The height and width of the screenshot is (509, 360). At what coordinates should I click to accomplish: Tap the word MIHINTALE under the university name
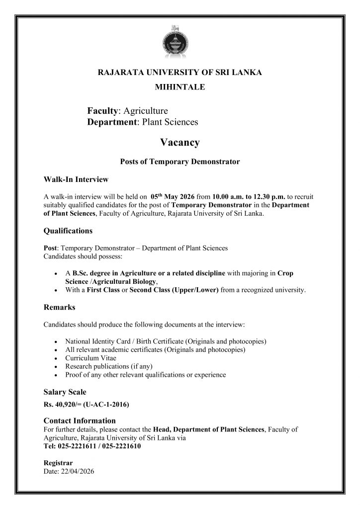[x=180, y=87]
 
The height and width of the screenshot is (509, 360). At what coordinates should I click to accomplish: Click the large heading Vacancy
[x=180, y=143]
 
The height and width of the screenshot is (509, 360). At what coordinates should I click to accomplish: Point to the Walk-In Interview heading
[x=76, y=179]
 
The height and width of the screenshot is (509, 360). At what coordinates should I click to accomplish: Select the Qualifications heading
[x=68, y=231]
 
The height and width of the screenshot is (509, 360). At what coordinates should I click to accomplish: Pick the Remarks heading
[x=60, y=307]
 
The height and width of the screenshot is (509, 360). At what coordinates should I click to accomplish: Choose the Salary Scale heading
[x=65, y=392]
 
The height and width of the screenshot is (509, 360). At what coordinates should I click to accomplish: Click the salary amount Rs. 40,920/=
[x=62, y=405]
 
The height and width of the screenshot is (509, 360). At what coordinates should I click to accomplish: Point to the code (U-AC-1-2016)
[x=107, y=405]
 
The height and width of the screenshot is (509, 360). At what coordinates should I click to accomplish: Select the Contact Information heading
[x=80, y=421]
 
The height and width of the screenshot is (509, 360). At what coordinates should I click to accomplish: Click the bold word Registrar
[x=58, y=463]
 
